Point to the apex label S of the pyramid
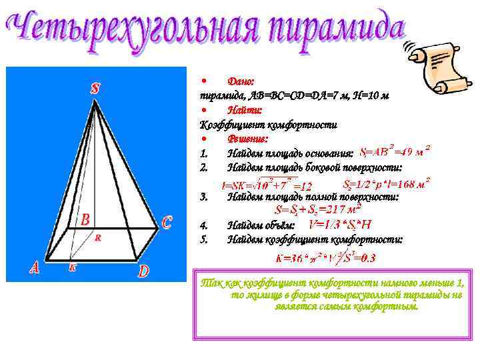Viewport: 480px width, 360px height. [96, 88]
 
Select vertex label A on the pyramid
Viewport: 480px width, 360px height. [34, 267]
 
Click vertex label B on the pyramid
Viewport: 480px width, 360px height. [85, 219]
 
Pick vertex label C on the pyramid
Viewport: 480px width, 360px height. [167, 223]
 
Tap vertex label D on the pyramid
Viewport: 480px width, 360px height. [144, 271]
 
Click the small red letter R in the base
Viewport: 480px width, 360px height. [97, 236]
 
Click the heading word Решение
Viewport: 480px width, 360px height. [247, 139]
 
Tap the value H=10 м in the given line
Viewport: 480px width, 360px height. [366, 95]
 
